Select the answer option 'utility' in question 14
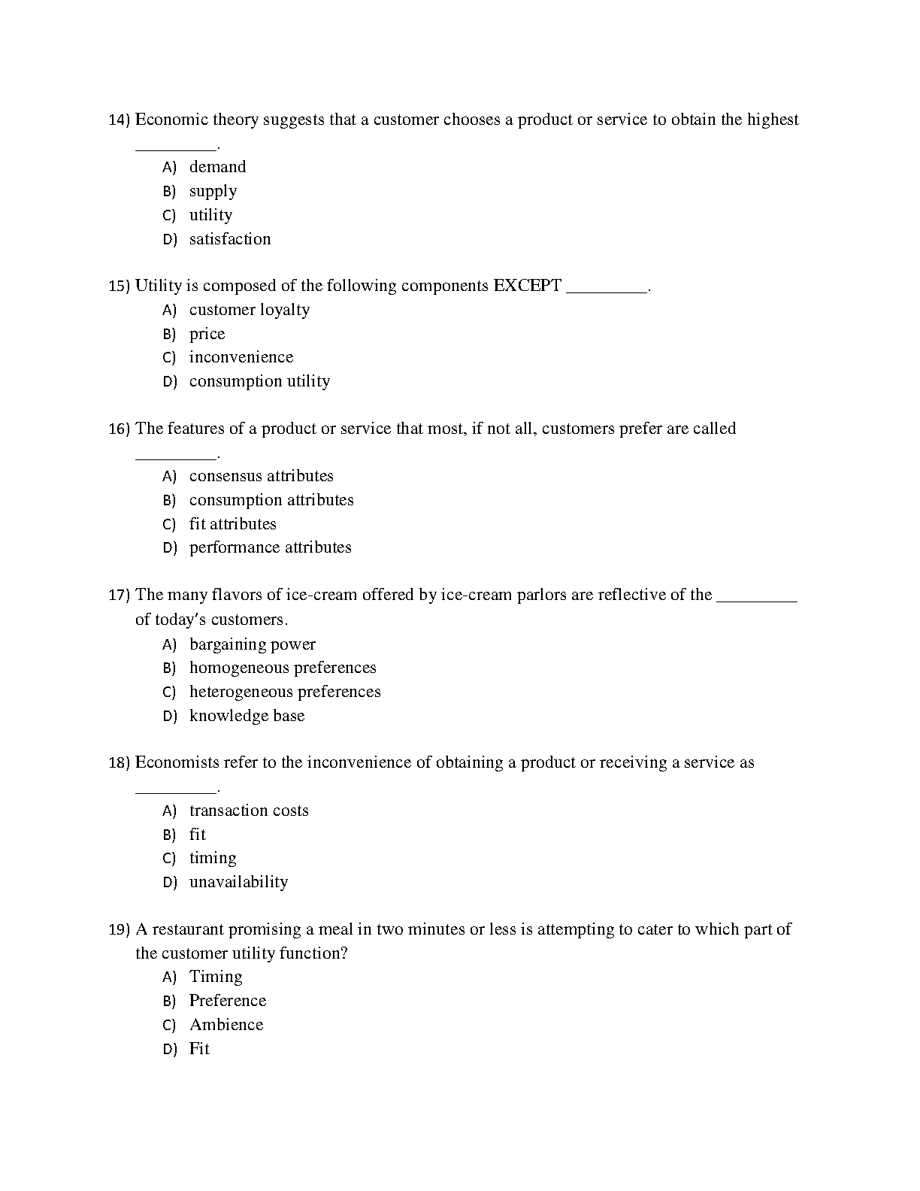click(x=210, y=215)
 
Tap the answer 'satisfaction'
click(x=229, y=239)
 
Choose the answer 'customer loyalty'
click(x=249, y=310)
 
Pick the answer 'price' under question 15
click(x=207, y=334)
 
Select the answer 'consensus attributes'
click(x=261, y=476)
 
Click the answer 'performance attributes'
click(x=270, y=547)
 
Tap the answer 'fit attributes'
click(x=232, y=524)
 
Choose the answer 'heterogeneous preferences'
click(x=284, y=692)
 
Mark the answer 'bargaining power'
click(x=252, y=644)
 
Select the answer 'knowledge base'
click(x=247, y=716)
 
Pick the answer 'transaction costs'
click(x=249, y=811)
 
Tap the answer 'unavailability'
click(x=238, y=882)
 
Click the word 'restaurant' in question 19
click(x=188, y=929)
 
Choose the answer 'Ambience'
click(x=226, y=1025)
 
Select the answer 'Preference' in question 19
click(x=227, y=1001)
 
